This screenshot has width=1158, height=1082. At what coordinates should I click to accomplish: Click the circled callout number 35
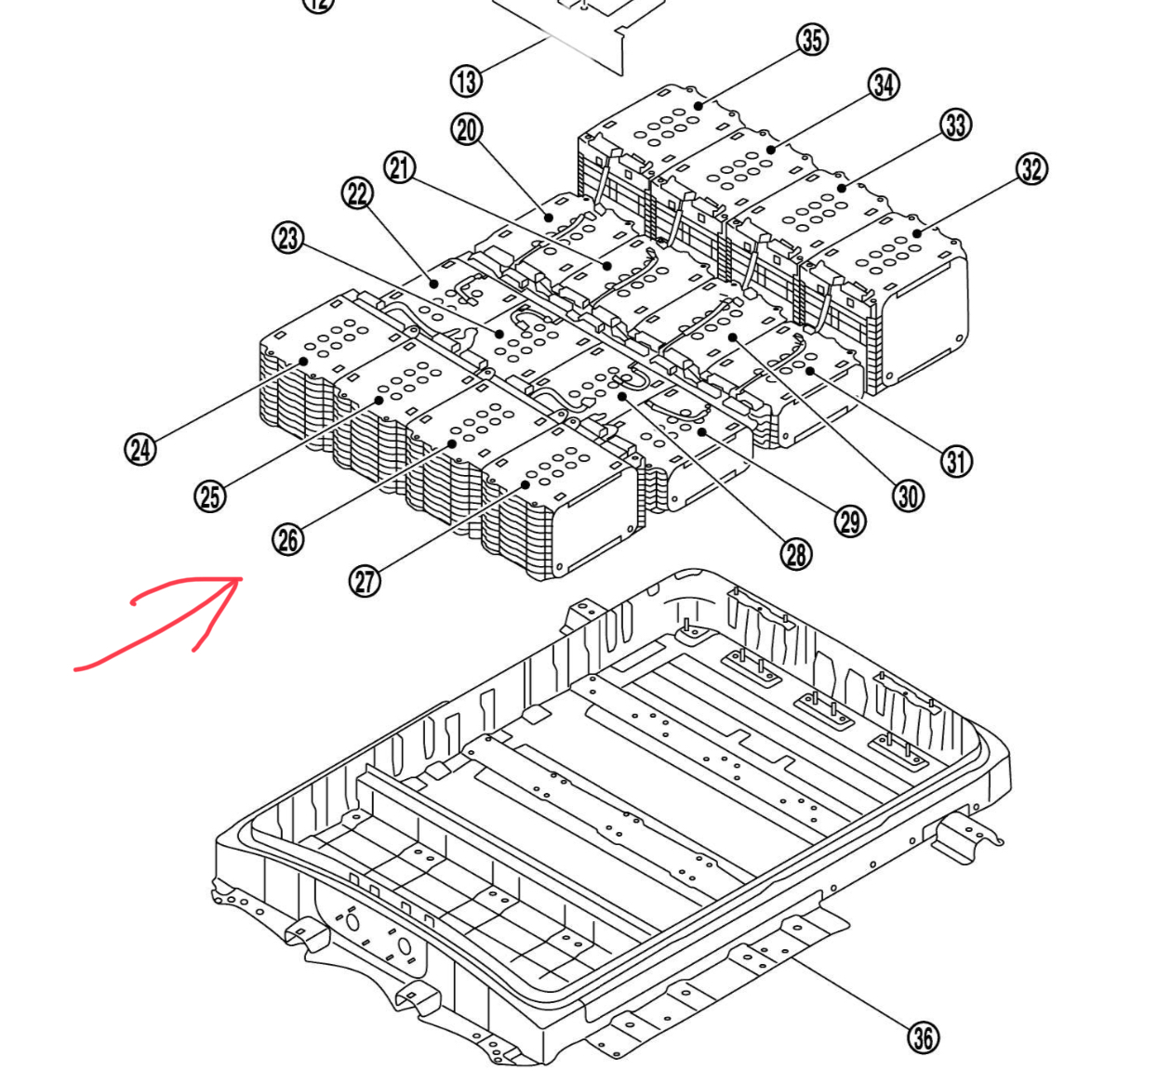coord(812,40)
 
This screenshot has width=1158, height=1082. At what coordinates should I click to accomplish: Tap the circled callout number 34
coord(884,85)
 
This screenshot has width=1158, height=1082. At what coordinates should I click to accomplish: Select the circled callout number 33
coord(956,125)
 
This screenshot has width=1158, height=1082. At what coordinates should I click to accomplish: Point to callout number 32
coord(1032,169)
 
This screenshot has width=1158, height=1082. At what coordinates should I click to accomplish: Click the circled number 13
coord(467,82)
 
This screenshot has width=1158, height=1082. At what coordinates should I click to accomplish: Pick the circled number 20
coord(467,129)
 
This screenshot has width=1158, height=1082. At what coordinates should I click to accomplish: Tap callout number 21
coord(400,168)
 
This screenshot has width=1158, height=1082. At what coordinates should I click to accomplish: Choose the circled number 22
coord(358,194)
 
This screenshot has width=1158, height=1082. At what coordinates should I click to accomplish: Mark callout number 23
coord(288,238)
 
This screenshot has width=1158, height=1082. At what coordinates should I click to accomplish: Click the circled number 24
coord(140,451)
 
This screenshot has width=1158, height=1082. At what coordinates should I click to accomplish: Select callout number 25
coord(210,496)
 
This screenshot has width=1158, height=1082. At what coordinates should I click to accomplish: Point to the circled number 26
coord(288,539)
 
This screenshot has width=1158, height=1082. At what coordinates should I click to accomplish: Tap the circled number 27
coord(366,582)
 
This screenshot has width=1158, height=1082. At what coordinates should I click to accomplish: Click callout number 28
coord(796,555)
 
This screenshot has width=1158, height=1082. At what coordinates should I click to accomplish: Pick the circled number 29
coord(850,521)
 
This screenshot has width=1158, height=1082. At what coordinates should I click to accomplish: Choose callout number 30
coord(909,496)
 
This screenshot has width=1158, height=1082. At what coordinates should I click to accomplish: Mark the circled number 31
coord(956,461)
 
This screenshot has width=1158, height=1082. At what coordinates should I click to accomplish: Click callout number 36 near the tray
coord(923,1037)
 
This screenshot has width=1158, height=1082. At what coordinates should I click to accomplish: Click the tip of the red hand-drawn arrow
coord(241,579)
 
